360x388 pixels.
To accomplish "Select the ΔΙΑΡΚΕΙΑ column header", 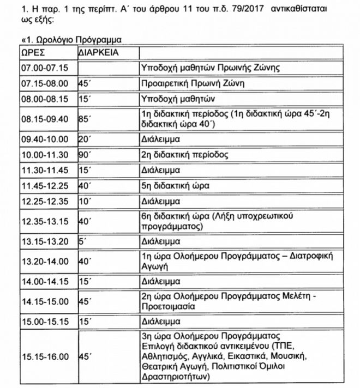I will click(99, 54).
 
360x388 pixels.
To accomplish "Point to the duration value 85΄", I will click(85, 118).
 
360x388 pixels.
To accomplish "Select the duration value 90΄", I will click(85, 155).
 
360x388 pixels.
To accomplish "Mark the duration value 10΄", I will click(85, 201).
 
